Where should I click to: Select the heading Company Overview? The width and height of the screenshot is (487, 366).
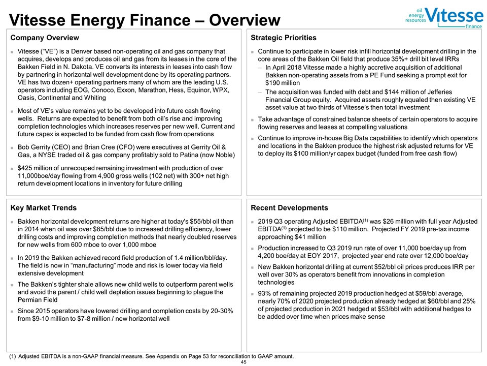(45, 38)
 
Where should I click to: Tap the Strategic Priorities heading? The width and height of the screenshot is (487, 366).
(284, 38)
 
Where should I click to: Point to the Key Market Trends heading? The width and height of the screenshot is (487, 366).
(44, 208)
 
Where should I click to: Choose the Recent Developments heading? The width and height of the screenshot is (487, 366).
(290, 208)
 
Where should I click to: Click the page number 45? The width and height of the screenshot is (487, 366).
(243, 361)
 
